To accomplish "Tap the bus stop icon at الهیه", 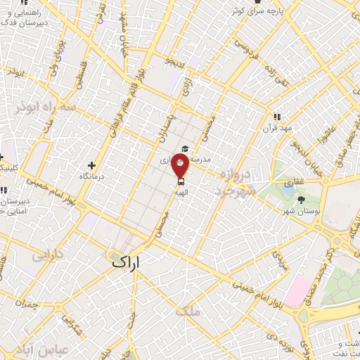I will coord(181,181).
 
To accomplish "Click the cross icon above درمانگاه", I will coord(91,165).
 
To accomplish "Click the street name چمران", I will coord(28,306).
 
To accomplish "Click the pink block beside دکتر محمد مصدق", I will coord(297,290).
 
